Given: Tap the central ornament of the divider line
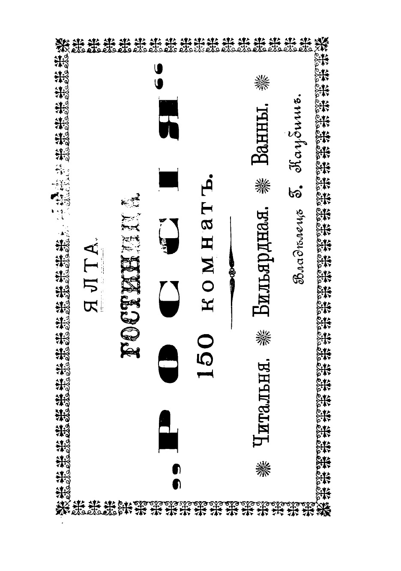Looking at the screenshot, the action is pos(232,272).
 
